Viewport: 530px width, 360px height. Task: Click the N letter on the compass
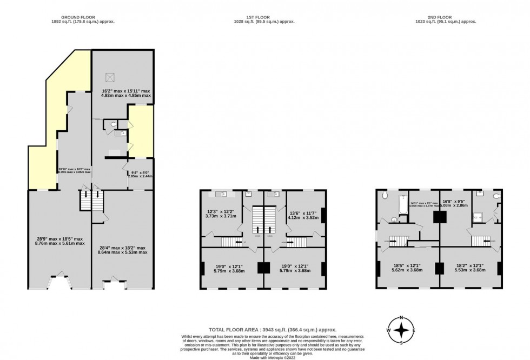[401, 317]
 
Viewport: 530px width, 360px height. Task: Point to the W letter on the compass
[388, 330]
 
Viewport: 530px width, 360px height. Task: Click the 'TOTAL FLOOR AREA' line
[273, 329]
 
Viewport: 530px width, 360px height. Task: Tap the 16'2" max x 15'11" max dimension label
[126, 94]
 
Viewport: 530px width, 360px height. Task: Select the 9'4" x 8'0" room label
[140, 174]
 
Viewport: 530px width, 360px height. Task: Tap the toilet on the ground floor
[112, 125]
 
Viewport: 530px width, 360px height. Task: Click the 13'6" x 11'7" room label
[301, 215]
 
